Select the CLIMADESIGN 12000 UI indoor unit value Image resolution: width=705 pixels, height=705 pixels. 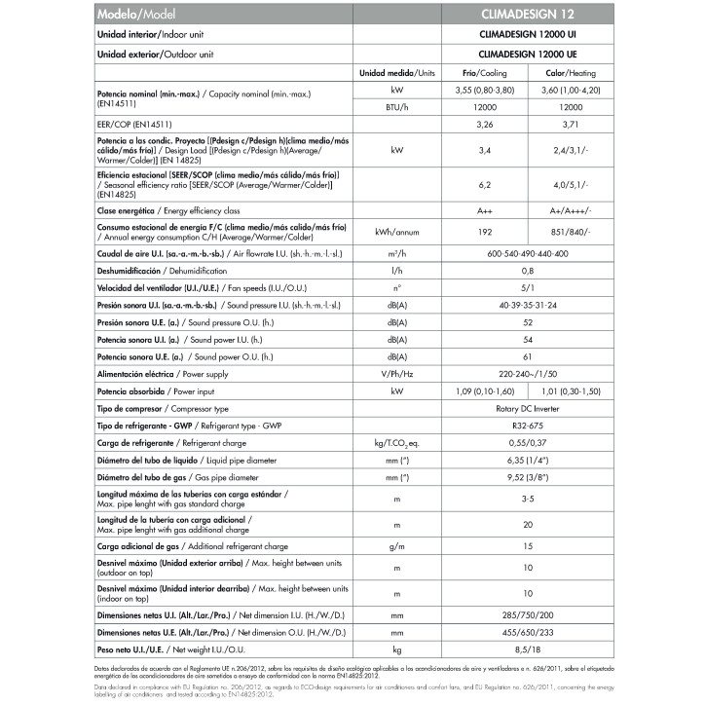coord(539,34)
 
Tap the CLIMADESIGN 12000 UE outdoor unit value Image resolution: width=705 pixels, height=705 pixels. coord(539,54)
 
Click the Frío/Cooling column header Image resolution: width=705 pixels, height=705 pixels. coord(485,73)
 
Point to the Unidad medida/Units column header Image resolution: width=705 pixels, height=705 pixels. coord(397,73)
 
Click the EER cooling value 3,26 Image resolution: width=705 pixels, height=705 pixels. coord(485,125)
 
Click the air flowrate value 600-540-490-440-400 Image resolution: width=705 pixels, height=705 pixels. coord(539,253)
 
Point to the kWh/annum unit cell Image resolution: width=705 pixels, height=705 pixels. coord(397,233)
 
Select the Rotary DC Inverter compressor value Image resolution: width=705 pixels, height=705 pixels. coord(539,409)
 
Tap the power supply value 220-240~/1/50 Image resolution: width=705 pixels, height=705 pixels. coord(539,373)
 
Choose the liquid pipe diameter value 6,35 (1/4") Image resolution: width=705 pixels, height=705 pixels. coord(539,460)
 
